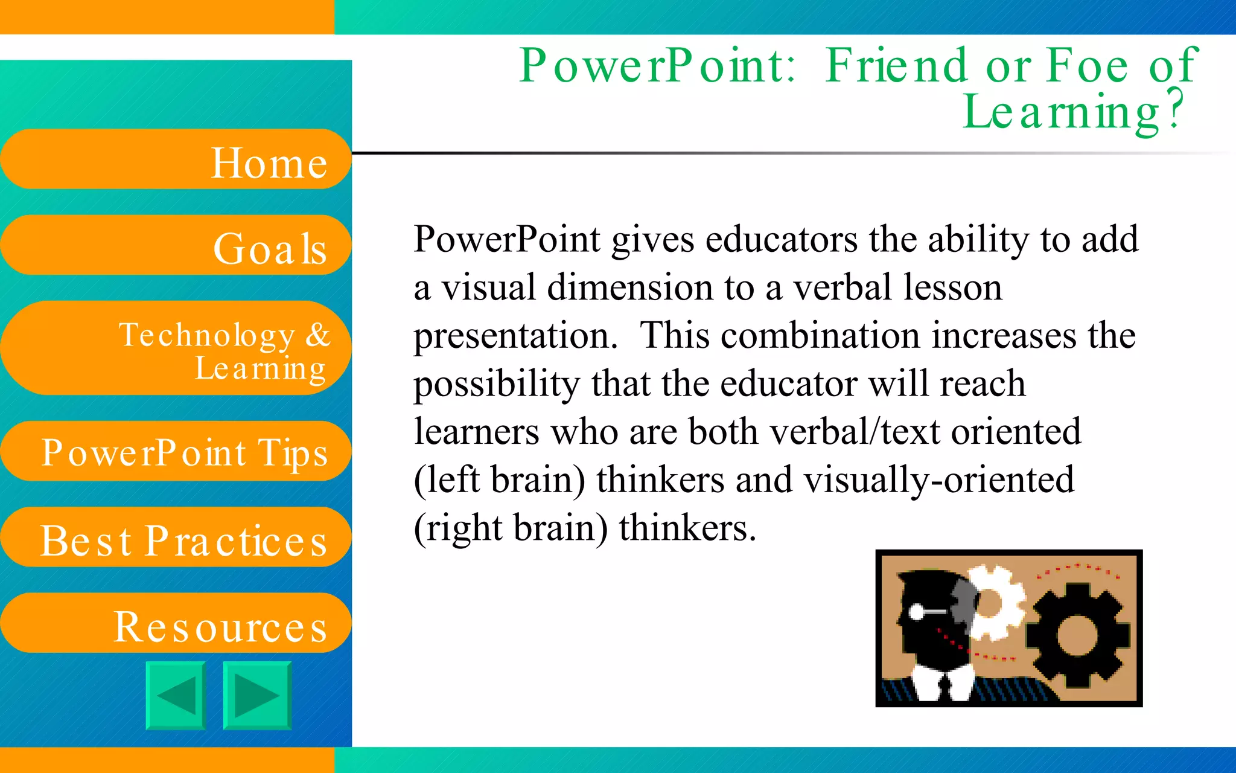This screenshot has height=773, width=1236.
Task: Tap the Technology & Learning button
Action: point(175,348)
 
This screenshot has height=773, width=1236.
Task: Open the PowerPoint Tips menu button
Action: point(175,452)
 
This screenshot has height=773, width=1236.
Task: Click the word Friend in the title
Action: point(897,65)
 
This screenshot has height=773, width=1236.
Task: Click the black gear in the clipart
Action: point(1078,634)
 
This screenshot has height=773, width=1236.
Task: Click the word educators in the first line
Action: point(781,240)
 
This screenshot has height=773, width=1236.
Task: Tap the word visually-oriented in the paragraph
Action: point(938,481)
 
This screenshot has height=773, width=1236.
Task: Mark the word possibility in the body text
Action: point(496,385)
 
